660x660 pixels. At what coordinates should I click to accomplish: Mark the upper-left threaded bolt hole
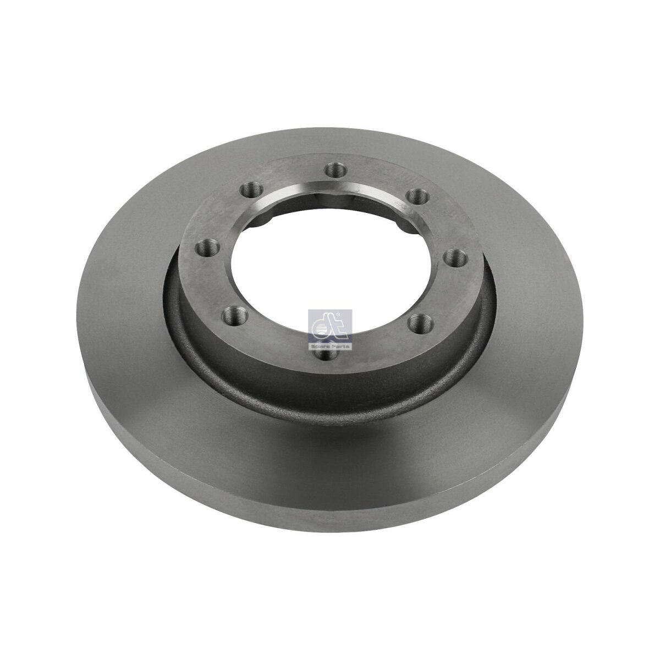(x=252, y=189)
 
